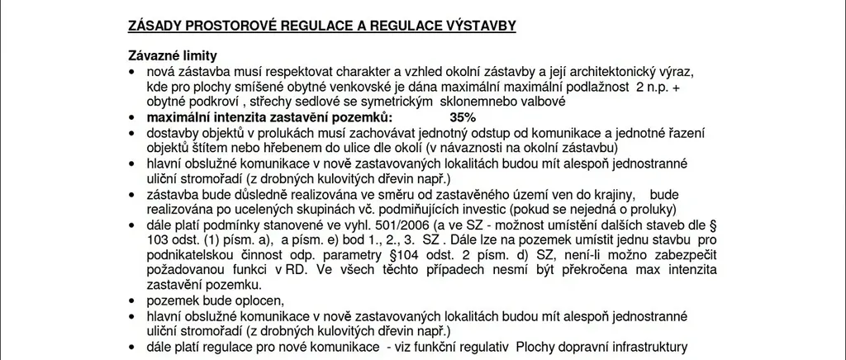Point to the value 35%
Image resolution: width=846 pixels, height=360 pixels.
tap(463, 117)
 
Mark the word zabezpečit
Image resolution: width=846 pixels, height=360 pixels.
tap(682, 255)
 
